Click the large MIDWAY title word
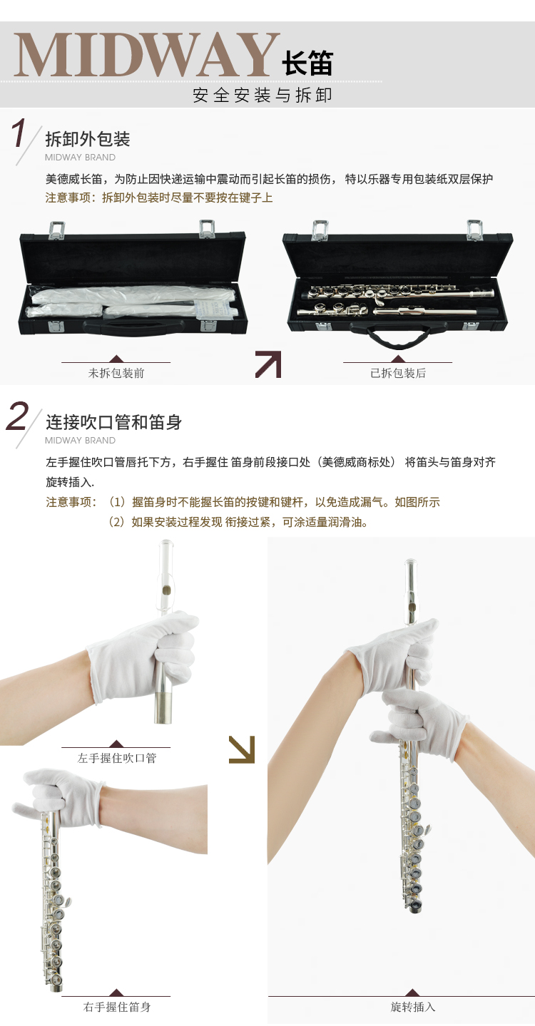coord(147,54)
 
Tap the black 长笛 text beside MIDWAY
coord(307,63)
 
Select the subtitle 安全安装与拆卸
coord(263,96)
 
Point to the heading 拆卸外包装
coord(88,139)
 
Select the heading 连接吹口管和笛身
coord(113,422)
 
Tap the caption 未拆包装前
coord(116,374)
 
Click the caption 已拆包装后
coord(398,374)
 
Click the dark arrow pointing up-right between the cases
coord(269,364)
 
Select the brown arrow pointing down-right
coord(242,750)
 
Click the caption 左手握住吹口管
coord(117,758)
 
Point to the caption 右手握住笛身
coord(117,1007)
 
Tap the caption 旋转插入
coord(412,1007)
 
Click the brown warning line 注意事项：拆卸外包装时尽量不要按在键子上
coord(159,198)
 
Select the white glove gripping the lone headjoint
coord(144,652)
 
